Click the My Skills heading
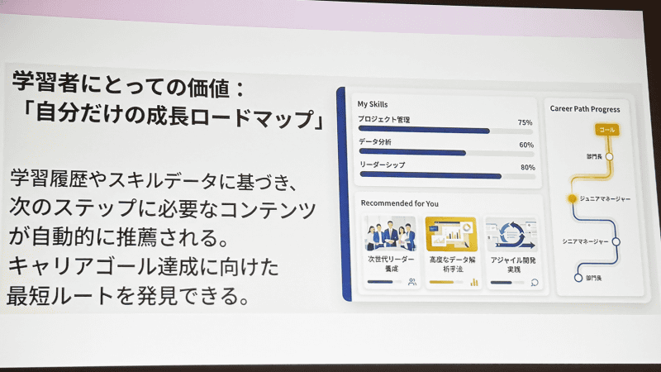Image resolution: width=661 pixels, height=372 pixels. tap(372, 105)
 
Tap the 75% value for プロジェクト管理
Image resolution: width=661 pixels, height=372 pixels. tap(525, 122)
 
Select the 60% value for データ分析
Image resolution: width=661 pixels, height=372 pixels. tap(526, 145)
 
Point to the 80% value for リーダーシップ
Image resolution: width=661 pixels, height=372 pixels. tap(526, 167)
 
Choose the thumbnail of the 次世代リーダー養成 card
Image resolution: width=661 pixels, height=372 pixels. tap(391, 234)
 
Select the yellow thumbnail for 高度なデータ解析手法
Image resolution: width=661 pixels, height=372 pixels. tap(450, 234)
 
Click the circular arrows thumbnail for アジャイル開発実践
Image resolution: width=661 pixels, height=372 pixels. tap(511, 234)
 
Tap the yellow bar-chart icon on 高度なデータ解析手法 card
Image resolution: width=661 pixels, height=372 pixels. tap(474, 282)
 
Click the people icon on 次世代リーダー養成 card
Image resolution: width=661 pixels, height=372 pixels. tap(411, 282)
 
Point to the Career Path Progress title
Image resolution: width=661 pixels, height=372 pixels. tap(584, 108)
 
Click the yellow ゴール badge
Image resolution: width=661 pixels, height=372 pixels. tap(606, 130)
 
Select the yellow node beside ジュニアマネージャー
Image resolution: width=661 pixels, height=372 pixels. tap(571, 198)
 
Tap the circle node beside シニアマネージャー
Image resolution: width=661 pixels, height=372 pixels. tap(616, 241)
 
